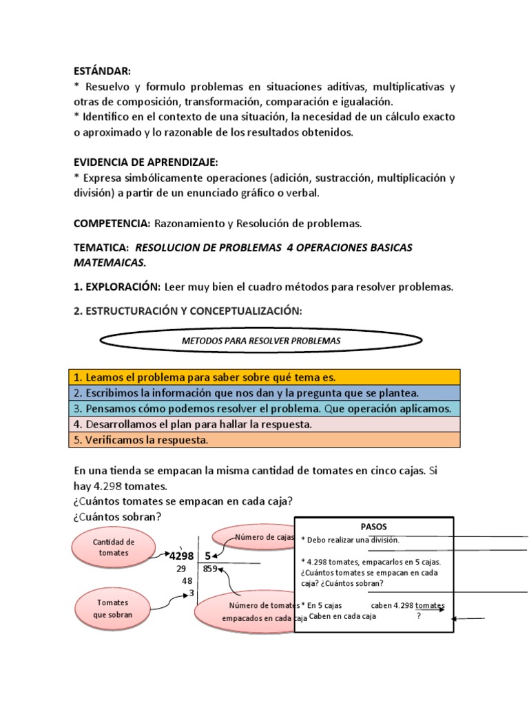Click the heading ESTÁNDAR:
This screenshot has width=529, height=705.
coord(102,71)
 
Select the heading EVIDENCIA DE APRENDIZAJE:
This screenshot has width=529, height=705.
coord(146,162)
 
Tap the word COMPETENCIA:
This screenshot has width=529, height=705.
coord(112,224)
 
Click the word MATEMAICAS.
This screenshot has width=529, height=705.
coord(110,263)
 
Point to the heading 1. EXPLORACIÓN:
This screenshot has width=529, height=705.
coord(117,287)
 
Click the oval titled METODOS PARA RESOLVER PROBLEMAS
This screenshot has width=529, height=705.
coord(261,341)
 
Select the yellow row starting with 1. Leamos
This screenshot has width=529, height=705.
coord(264,377)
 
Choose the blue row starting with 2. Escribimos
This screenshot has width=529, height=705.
coord(264,393)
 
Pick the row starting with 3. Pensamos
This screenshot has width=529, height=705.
coord(264,409)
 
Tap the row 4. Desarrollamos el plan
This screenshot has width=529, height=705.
coord(264,425)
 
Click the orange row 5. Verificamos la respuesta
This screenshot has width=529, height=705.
coord(264,440)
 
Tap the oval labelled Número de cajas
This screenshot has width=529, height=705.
coord(255,537)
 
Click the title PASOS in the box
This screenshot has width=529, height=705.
coord(375,526)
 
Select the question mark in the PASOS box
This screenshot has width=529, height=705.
coord(418,617)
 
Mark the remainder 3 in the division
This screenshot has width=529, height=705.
coord(191,593)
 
